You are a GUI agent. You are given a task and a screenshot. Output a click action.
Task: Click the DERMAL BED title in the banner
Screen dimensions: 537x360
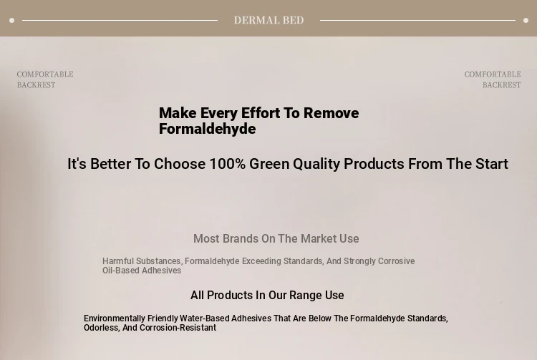pyautogui.click(x=268, y=20)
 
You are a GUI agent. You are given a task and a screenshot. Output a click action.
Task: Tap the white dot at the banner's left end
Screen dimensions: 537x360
pyautogui.click(x=11, y=21)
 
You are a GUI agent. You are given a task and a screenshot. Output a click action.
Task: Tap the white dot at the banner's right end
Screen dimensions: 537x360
pyautogui.click(x=526, y=21)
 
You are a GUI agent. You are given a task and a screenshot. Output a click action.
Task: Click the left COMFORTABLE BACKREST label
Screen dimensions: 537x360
pyautogui.click(x=45, y=79)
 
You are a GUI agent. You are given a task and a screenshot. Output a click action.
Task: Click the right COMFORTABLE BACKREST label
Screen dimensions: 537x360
pyautogui.click(x=493, y=79)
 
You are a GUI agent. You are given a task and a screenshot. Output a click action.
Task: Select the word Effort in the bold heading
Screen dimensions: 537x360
pyautogui.click(x=261, y=113)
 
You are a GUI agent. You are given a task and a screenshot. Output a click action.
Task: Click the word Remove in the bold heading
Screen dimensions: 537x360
pyautogui.click(x=332, y=113)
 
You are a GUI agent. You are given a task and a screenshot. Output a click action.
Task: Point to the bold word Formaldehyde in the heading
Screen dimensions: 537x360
pyautogui.click(x=207, y=129)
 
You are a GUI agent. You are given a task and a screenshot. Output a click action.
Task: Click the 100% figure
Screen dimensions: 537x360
pyautogui.click(x=228, y=164)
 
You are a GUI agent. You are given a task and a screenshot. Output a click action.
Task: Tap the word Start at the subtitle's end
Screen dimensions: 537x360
pyautogui.click(x=491, y=164)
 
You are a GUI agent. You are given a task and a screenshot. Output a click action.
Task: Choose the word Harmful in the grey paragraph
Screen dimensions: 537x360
pyautogui.click(x=118, y=261)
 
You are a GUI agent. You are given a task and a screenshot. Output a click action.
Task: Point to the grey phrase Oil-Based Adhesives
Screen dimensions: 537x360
pyautogui.click(x=142, y=271)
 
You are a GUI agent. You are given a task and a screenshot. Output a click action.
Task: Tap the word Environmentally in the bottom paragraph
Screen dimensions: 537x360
pyautogui.click(x=115, y=318)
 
